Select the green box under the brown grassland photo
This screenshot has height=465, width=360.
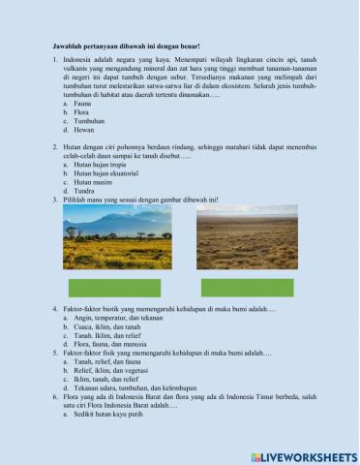[x=248, y=288]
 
